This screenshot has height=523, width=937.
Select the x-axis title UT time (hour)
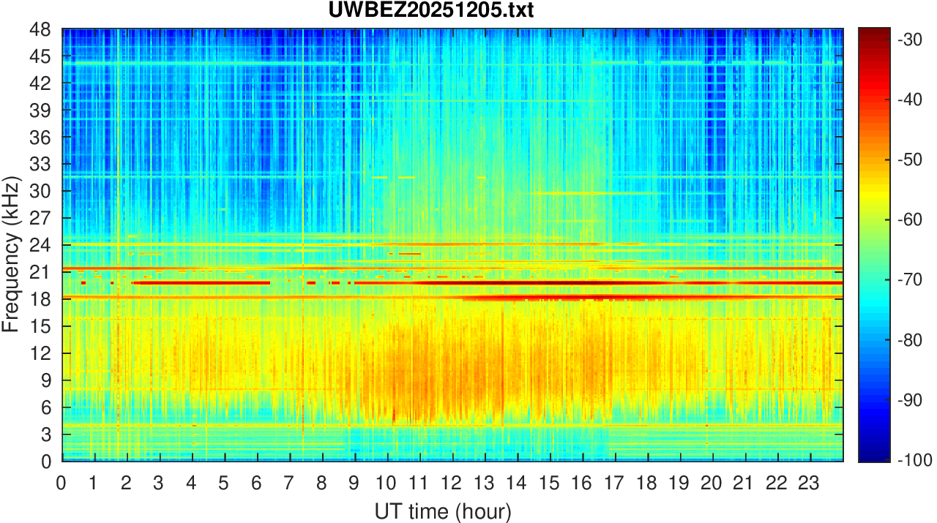(x=443, y=510)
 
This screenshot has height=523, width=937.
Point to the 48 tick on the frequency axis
(x=41, y=30)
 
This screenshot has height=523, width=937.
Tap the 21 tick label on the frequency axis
(x=41, y=272)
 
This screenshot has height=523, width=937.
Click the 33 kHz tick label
(x=41, y=165)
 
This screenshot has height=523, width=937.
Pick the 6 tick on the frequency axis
(x=45, y=407)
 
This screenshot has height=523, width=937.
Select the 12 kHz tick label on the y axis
(x=41, y=353)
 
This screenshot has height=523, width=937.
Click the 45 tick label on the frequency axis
(x=41, y=57)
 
